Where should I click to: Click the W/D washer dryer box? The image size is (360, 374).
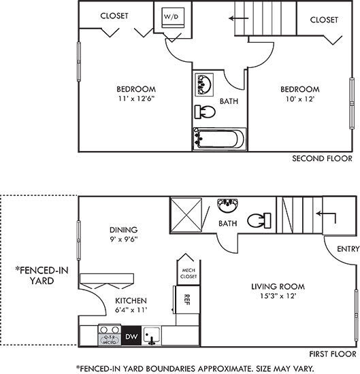click(x=170, y=18)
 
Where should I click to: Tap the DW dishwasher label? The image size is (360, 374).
click(x=131, y=335)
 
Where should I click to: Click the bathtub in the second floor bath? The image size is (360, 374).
click(x=218, y=139)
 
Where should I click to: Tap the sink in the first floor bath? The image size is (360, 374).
click(x=227, y=205)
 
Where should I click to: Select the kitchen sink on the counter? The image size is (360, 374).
click(x=152, y=335)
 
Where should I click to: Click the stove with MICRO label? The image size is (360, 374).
click(x=110, y=335)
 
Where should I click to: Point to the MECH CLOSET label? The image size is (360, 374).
click(x=189, y=273)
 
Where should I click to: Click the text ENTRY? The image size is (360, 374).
click(x=347, y=249)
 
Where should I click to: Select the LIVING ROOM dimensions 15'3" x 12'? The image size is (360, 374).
click(x=273, y=296)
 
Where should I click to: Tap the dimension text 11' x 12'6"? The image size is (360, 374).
click(x=136, y=99)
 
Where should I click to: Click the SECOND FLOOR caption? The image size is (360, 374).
click(x=322, y=158)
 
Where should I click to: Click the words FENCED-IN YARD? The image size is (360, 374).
click(x=42, y=276)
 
